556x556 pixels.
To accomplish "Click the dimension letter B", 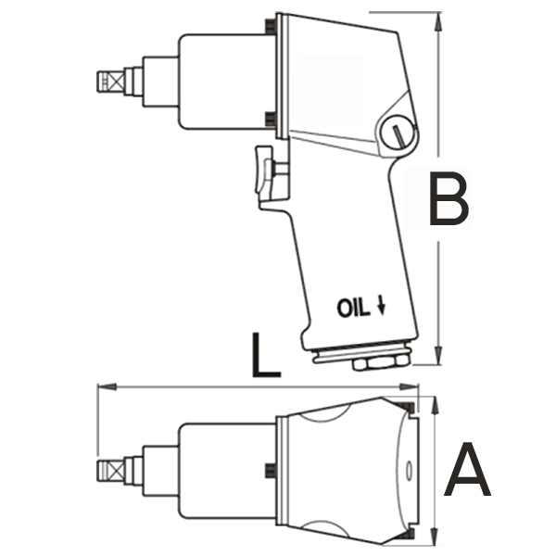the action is (x=449, y=198).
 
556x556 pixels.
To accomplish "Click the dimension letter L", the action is (x=266, y=355).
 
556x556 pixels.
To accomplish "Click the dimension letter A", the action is (x=467, y=469).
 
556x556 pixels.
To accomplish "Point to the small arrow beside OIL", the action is (x=382, y=306).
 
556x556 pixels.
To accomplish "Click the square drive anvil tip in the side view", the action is (x=110, y=82).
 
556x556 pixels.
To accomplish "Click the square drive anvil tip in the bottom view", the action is (x=110, y=471).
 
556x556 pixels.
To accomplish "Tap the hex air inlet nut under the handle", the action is (x=381, y=364).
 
